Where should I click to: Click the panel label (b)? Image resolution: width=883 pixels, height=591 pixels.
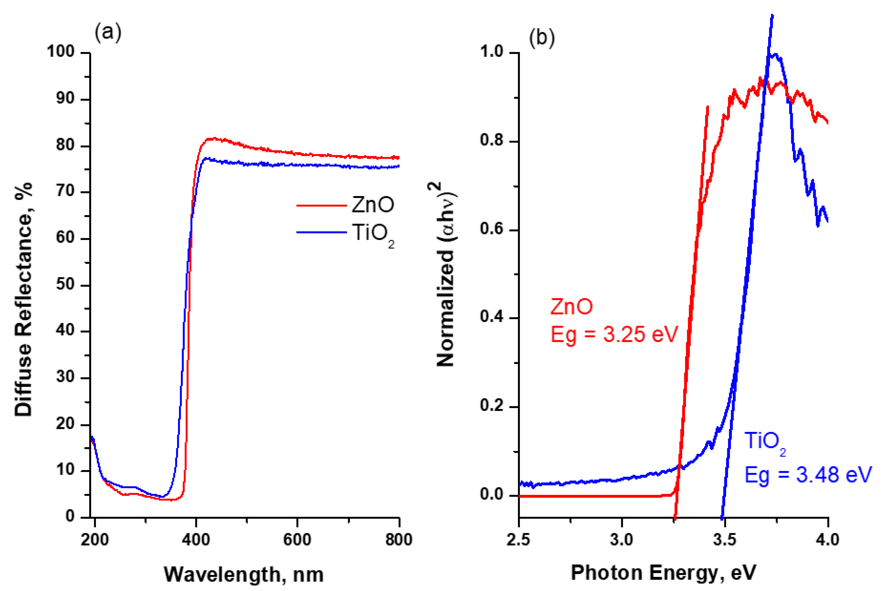pos(542,38)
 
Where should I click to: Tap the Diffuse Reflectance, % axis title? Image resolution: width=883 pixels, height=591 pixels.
pos(23,300)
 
